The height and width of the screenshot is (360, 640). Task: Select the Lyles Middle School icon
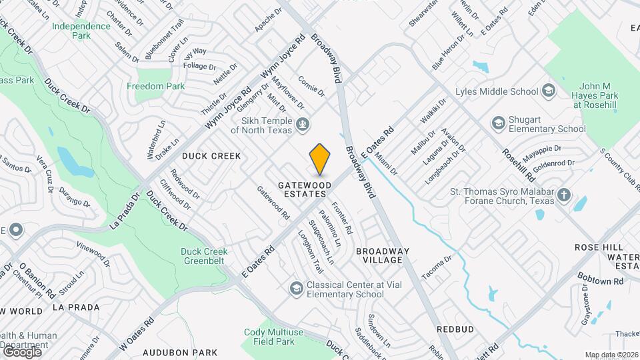pos(548,91)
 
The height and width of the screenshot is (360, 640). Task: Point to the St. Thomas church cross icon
pos(564,195)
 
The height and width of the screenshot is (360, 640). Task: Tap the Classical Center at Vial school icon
pos(296,288)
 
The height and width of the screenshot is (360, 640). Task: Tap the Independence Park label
pos(81,31)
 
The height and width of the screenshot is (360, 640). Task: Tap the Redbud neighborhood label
pos(455,329)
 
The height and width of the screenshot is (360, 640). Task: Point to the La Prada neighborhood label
pos(75,307)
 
